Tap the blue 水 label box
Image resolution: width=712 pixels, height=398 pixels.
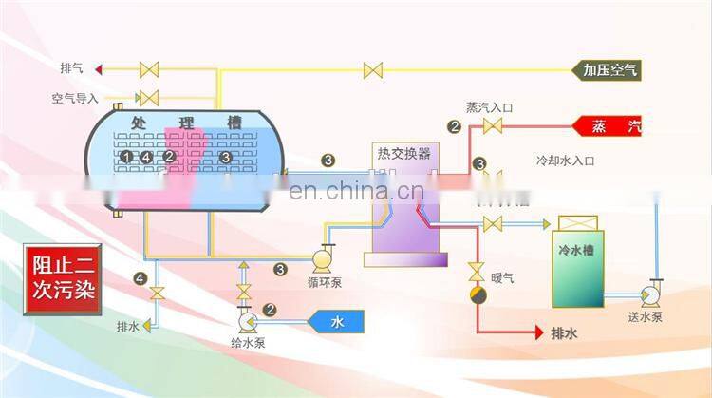(x=337, y=323)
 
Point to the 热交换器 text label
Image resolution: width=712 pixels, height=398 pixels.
(x=403, y=153)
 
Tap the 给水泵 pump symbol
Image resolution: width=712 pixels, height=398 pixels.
(x=243, y=313)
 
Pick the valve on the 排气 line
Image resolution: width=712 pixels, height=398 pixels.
(x=149, y=69)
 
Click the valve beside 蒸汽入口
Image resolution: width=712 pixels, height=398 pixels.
(x=493, y=127)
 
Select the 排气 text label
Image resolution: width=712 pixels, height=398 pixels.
(x=71, y=69)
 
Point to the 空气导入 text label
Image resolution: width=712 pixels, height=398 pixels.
(x=75, y=97)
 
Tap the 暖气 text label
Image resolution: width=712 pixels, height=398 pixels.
(x=502, y=277)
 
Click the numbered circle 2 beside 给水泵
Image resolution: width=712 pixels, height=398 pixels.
(x=270, y=309)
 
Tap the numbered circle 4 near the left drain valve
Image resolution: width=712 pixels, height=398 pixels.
(x=141, y=278)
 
